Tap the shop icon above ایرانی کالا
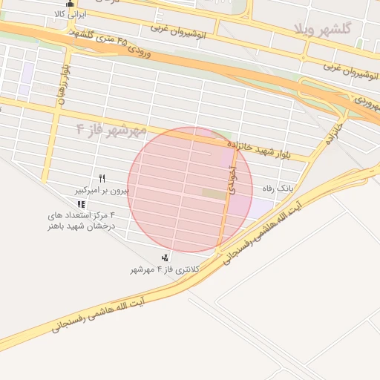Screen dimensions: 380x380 click(x=71, y=3)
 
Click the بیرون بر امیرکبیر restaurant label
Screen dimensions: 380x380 click(x=102, y=191)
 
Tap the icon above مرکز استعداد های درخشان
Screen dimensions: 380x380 click(x=81, y=204)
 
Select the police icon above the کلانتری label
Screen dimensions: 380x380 click(x=164, y=258)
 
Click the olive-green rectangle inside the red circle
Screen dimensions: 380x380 click(x=213, y=194)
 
